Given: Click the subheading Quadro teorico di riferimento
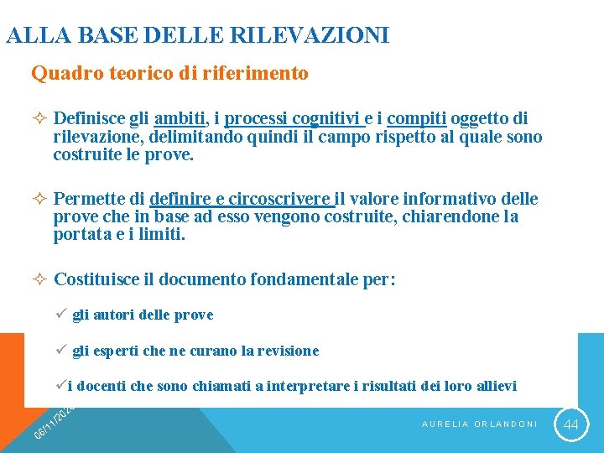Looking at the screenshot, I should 169,74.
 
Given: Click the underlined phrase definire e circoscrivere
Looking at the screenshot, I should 242,199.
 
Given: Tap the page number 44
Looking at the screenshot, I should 571,424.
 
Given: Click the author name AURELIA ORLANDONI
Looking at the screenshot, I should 479,424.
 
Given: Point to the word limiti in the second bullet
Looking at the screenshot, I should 159,236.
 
